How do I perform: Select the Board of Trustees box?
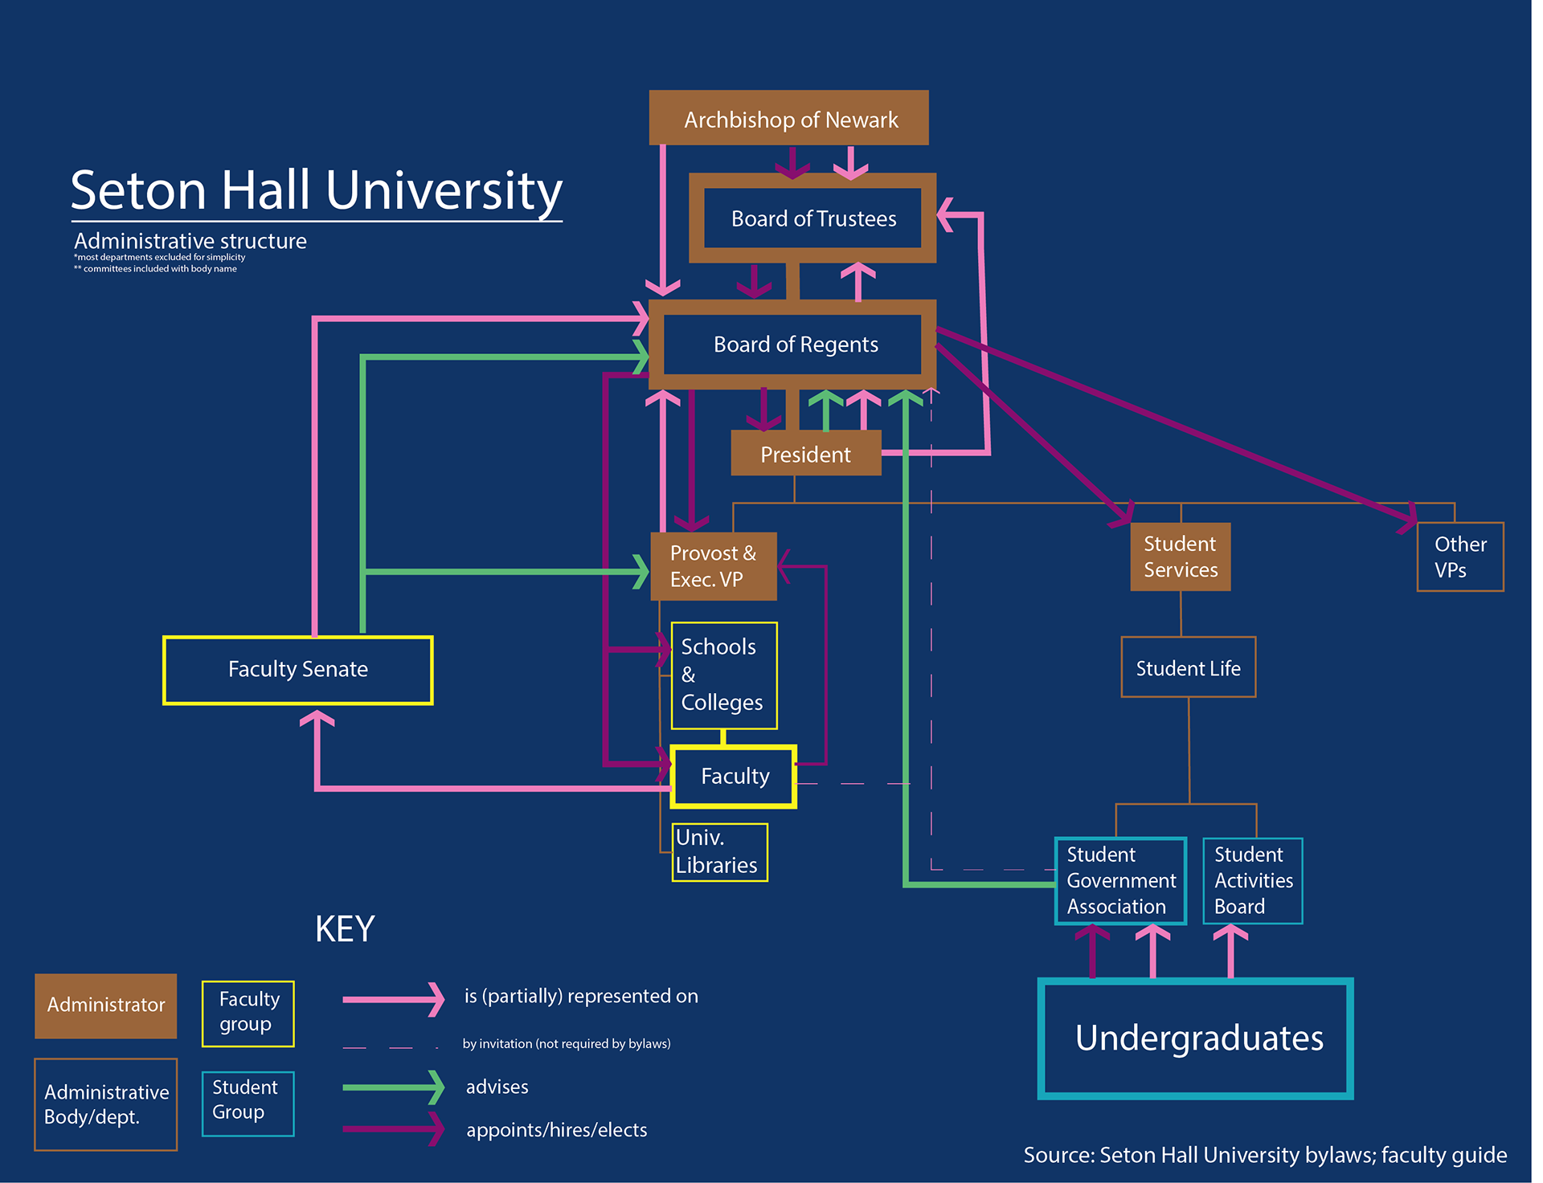tap(812, 218)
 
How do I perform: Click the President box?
tap(805, 454)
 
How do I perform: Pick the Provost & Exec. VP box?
tap(713, 566)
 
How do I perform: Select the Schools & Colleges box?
tap(723, 675)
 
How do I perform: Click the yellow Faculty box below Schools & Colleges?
tap(734, 777)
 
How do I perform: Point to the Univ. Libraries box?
tap(719, 852)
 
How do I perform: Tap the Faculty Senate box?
tap(297, 670)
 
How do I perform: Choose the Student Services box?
tap(1180, 557)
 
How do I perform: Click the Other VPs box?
tap(1459, 557)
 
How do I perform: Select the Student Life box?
tap(1188, 667)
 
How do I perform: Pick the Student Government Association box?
tap(1120, 880)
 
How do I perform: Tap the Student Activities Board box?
tap(1252, 880)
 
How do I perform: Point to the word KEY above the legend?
tap(345, 929)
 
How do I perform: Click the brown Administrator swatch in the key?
tap(105, 1006)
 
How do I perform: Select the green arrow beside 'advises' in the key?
tap(393, 1087)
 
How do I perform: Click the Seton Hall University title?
tap(316, 190)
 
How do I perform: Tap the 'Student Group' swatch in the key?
tap(248, 1103)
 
